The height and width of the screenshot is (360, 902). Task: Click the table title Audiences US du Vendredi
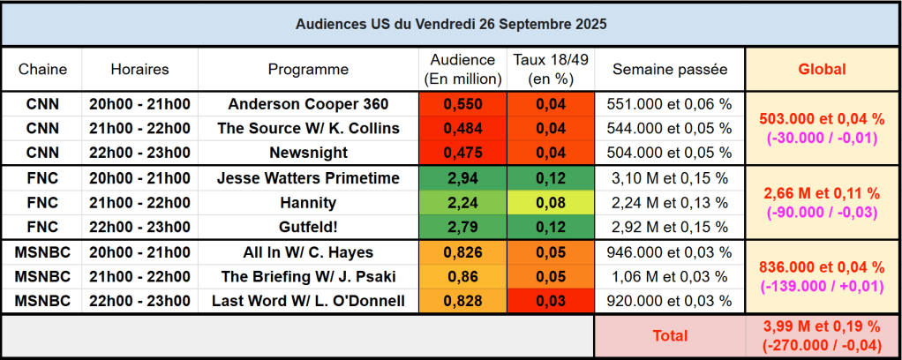[451, 24]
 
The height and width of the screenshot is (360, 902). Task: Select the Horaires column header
[139, 69]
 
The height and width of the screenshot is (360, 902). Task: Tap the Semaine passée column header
[670, 69]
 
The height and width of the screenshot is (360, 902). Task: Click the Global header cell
[822, 69]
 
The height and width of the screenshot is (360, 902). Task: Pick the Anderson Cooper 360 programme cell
[308, 104]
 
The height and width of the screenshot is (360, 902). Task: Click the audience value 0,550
[462, 104]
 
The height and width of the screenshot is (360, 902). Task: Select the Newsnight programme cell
[308, 152]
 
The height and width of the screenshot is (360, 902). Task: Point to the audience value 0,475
[462, 152]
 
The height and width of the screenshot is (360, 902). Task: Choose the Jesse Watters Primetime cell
[308, 178]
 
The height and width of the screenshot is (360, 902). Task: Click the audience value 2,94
[462, 178]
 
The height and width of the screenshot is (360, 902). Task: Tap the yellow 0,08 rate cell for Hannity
[550, 202]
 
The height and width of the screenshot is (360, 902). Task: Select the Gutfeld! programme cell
[308, 227]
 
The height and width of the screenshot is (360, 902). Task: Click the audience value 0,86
[462, 276]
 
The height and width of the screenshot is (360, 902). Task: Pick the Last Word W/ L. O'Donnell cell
[308, 301]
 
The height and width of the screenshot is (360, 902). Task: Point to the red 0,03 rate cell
[550, 301]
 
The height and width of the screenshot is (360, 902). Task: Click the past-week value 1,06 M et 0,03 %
[670, 276]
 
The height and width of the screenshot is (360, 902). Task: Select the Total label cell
[670, 335]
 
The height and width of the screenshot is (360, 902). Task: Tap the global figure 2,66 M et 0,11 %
[822, 193]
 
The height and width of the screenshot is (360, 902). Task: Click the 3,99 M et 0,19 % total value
[822, 326]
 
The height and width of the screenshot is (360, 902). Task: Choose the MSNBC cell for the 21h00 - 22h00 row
[42, 276]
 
